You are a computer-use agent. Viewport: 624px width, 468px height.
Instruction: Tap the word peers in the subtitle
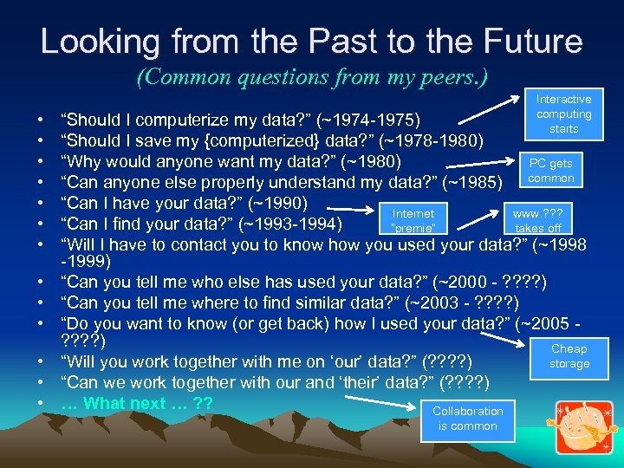click(445, 77)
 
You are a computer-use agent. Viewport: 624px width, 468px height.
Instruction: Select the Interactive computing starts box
click(563, 114)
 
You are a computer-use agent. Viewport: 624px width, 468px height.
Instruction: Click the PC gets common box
click(551, 171)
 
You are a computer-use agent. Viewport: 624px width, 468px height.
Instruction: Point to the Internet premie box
click(413, 220)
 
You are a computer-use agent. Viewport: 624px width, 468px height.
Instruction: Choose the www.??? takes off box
click(538, 220)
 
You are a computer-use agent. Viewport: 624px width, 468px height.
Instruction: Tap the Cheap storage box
click(569, 356)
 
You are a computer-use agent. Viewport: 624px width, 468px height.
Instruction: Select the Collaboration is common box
click(468, 419)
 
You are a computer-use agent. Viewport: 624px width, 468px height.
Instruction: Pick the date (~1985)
click(473, 182)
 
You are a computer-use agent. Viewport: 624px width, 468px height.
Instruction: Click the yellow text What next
click(135, 404)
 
